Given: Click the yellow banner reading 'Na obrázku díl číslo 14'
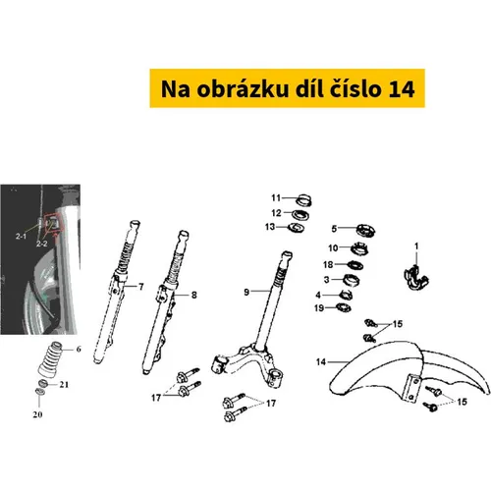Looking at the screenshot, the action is [x=287, y=88].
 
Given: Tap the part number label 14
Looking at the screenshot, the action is [x=321, y=362].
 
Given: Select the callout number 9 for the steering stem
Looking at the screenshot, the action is [x=246, y=292].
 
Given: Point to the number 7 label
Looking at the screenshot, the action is [x=141, y=287].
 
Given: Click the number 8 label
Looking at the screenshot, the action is [x=194, y=295].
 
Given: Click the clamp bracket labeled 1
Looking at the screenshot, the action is [x=416, y=278].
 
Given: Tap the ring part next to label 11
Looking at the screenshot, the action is [x=303, y=200].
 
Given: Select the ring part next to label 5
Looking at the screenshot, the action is [x=365, y=230].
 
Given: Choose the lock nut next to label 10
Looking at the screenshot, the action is [x=359, y=248].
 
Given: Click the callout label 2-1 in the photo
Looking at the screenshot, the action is [x=21, y=236].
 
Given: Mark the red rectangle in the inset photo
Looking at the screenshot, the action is [x=53, y=223].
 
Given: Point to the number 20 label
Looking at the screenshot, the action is [x=37, y=414].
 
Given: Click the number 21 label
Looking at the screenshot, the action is [x=64, y=384].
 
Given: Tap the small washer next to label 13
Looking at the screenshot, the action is [x=296, y=227].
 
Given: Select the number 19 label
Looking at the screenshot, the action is [x=319, y=308].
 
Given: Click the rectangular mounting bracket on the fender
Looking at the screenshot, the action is [x=412, y=389].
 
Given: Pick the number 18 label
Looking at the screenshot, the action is [x=328, y=264].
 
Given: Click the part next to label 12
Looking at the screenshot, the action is [x=300, y=215].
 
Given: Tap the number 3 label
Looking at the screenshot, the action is [x=326, y=280].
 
